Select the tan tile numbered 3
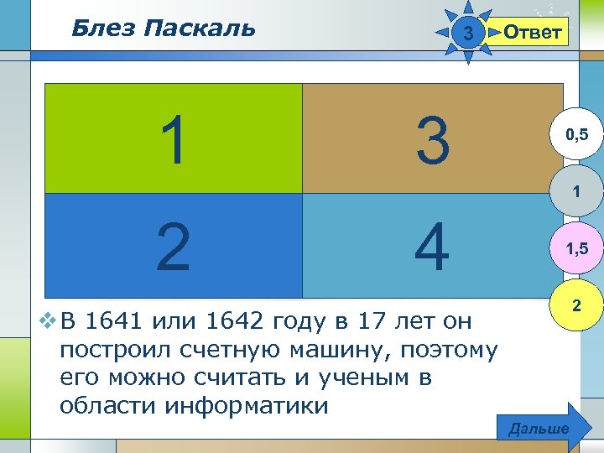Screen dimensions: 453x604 click(x=432, y=138)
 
